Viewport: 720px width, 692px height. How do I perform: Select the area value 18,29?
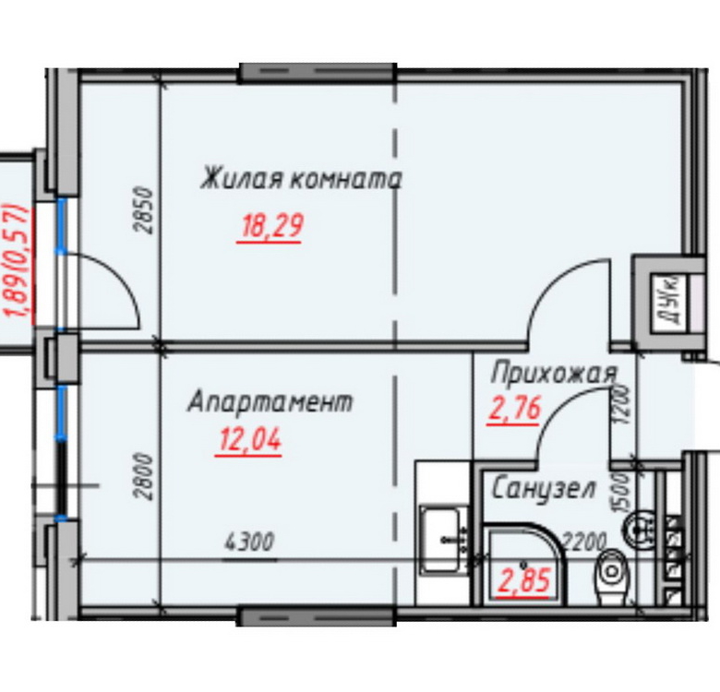[x=271, y=226]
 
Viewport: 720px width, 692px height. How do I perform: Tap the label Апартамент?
[x=270, y=401]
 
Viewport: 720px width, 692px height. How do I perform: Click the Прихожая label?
[x=554, y=374]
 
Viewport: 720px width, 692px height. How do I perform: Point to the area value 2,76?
[x=515, y=408]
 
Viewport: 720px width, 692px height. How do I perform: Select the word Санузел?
[x=544, y=489]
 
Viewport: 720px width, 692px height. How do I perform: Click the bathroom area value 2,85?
[x=524, y=580]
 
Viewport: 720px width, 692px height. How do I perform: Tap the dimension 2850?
[x=144, y=210]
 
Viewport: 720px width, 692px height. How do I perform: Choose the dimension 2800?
[x=143, y=477]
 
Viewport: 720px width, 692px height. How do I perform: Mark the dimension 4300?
[x=249, y=542]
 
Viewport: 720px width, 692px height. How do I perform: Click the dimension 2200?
[x=584, y=542]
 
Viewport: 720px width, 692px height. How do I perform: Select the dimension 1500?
[x=619, y=494]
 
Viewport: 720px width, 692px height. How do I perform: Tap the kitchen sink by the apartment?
[x=442, y=540]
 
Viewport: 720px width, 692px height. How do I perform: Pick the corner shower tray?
[x=523, y=564]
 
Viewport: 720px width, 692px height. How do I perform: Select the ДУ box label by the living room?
[x=670, y=301]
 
